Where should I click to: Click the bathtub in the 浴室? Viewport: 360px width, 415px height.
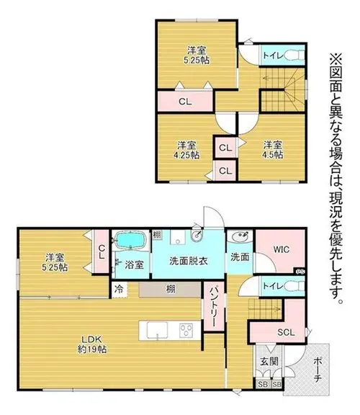[131, 240]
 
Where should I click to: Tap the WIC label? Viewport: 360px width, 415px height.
[282, 249]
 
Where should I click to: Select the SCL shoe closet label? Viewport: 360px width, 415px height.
[286, 332]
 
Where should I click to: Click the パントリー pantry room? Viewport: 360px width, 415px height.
[214, 306]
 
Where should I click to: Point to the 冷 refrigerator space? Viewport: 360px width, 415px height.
[120, 290]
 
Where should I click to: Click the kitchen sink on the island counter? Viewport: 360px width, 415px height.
[158, 330]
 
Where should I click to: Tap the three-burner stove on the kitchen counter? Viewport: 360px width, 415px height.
[186, 330]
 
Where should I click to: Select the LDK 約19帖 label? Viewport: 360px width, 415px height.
[91, 344]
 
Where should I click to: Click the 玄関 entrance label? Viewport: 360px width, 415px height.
[269, 361]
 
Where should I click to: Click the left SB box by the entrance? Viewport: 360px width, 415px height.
[263, 385]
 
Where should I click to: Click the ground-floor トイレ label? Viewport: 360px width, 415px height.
[274, 286]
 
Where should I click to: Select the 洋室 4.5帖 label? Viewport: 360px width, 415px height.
[272, 150]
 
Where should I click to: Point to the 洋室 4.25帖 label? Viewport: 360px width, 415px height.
[186, 150]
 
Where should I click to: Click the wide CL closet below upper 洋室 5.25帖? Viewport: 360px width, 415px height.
[185, 102]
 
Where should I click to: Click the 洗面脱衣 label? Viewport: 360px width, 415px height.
[189, 261]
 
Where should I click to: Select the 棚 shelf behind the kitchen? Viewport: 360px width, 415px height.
[169, 290]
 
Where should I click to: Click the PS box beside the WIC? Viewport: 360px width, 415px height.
[300, 272]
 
